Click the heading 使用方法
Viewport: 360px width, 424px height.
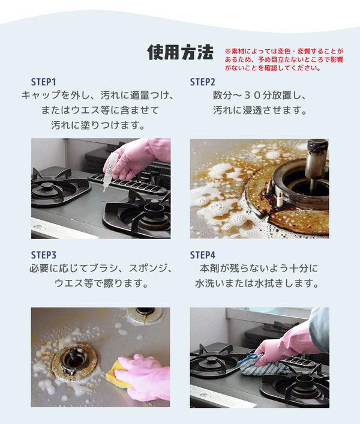pyautogui.click(x=180, y=52)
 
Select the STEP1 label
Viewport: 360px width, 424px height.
pyautogui.click(x=43, y=82)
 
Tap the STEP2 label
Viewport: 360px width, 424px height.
pyautogui.click(x=202, y=82)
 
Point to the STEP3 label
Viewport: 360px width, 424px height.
pyautogui.click(x=43, y=255)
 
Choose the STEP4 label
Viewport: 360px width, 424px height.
pyautogui.click(x=203, y=255)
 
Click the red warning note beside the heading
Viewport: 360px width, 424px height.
pyautogui.click(x=284, y=59)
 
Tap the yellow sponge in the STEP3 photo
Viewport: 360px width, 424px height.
pyautogui.click(x=116, y=372)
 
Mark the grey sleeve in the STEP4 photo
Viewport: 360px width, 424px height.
pyautogui.click(x=319, y=328)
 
